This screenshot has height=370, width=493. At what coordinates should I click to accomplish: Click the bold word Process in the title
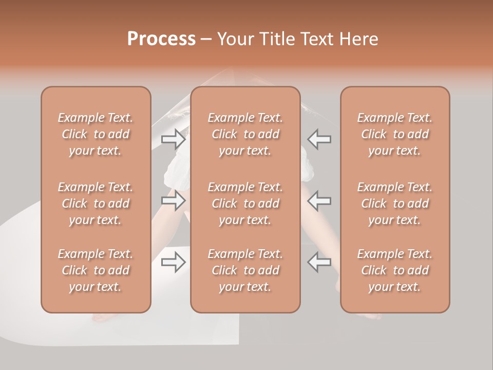tap(161, 39)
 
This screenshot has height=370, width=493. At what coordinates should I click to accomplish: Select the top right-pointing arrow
tap(174, 139)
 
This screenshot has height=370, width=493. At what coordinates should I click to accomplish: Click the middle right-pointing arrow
tap(174, 200)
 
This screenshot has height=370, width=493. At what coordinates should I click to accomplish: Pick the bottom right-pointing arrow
tap(174, 262)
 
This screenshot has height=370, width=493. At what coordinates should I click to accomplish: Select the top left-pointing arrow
tap(319, 139)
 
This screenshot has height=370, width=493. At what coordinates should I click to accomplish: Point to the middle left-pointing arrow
tap(319, 200)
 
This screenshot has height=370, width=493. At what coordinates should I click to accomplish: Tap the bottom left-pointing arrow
tap(319, 262)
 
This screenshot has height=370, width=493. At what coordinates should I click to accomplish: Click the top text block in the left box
tap(96, 134)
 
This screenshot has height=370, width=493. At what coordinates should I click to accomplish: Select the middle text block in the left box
tap(96, 203)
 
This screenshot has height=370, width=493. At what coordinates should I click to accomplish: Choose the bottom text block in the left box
tap(96, 270)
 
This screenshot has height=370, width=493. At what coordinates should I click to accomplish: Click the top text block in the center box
tap(245, 134)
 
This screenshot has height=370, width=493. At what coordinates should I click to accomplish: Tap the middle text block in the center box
tap(245, 203)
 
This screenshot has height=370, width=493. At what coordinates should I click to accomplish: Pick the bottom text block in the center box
tap(245, 270)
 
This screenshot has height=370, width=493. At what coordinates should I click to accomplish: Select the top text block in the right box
tap(395, 134)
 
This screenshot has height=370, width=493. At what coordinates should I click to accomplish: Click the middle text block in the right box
tap(395, 203)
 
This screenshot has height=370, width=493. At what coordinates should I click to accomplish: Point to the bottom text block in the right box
tap(395, 270)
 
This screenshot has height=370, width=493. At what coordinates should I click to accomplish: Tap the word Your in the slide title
tap(235, 39)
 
